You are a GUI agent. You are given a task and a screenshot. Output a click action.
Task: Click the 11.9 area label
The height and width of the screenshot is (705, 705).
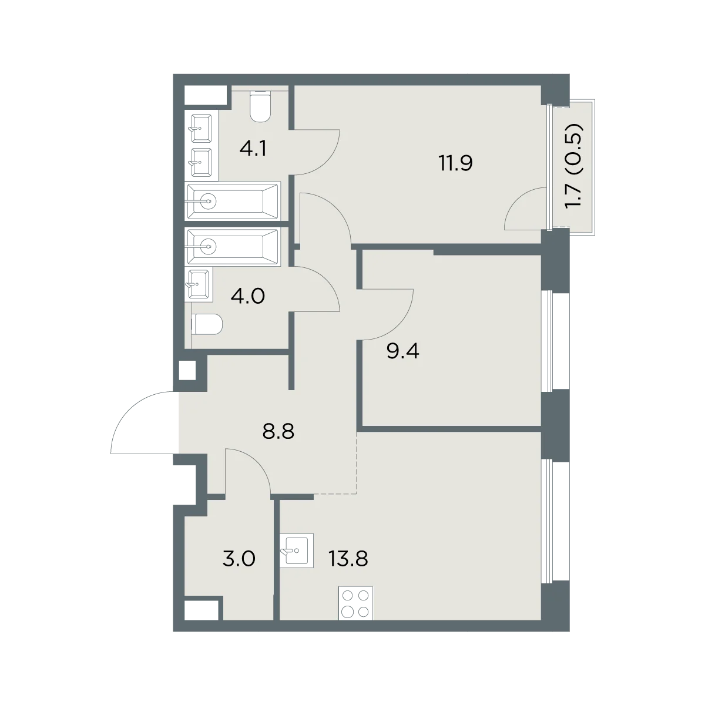[x=456, y=163]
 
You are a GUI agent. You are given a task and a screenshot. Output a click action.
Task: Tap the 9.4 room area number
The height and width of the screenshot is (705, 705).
[x=403, y=351]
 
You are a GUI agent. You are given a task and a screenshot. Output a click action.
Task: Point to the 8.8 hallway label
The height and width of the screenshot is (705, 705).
[x=278, y=432]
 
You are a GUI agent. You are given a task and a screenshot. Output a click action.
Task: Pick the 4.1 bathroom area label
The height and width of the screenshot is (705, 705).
[x=253, y=149]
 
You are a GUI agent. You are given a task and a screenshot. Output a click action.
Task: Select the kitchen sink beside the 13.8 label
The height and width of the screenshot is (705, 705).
[x=297, y=550]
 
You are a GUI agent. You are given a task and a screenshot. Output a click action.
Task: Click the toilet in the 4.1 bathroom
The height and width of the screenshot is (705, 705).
[x=260, y=106]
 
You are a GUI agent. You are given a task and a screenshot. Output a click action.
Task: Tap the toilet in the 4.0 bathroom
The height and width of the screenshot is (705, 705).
[x=207, y=324]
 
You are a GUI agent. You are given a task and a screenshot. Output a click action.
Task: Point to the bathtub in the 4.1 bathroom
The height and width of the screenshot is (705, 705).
[x=233, y=201]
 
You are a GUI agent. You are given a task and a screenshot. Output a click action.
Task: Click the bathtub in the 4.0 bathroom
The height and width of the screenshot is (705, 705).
[x=233, y=247]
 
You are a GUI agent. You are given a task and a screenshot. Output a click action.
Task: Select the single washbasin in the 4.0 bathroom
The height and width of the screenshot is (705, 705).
[x=199, y=284]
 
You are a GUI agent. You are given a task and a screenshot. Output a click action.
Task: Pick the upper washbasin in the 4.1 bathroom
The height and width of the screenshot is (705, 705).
[x=202, y=128]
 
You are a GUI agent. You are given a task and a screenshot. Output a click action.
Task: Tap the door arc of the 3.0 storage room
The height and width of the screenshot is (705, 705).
[x=258, y=462]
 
